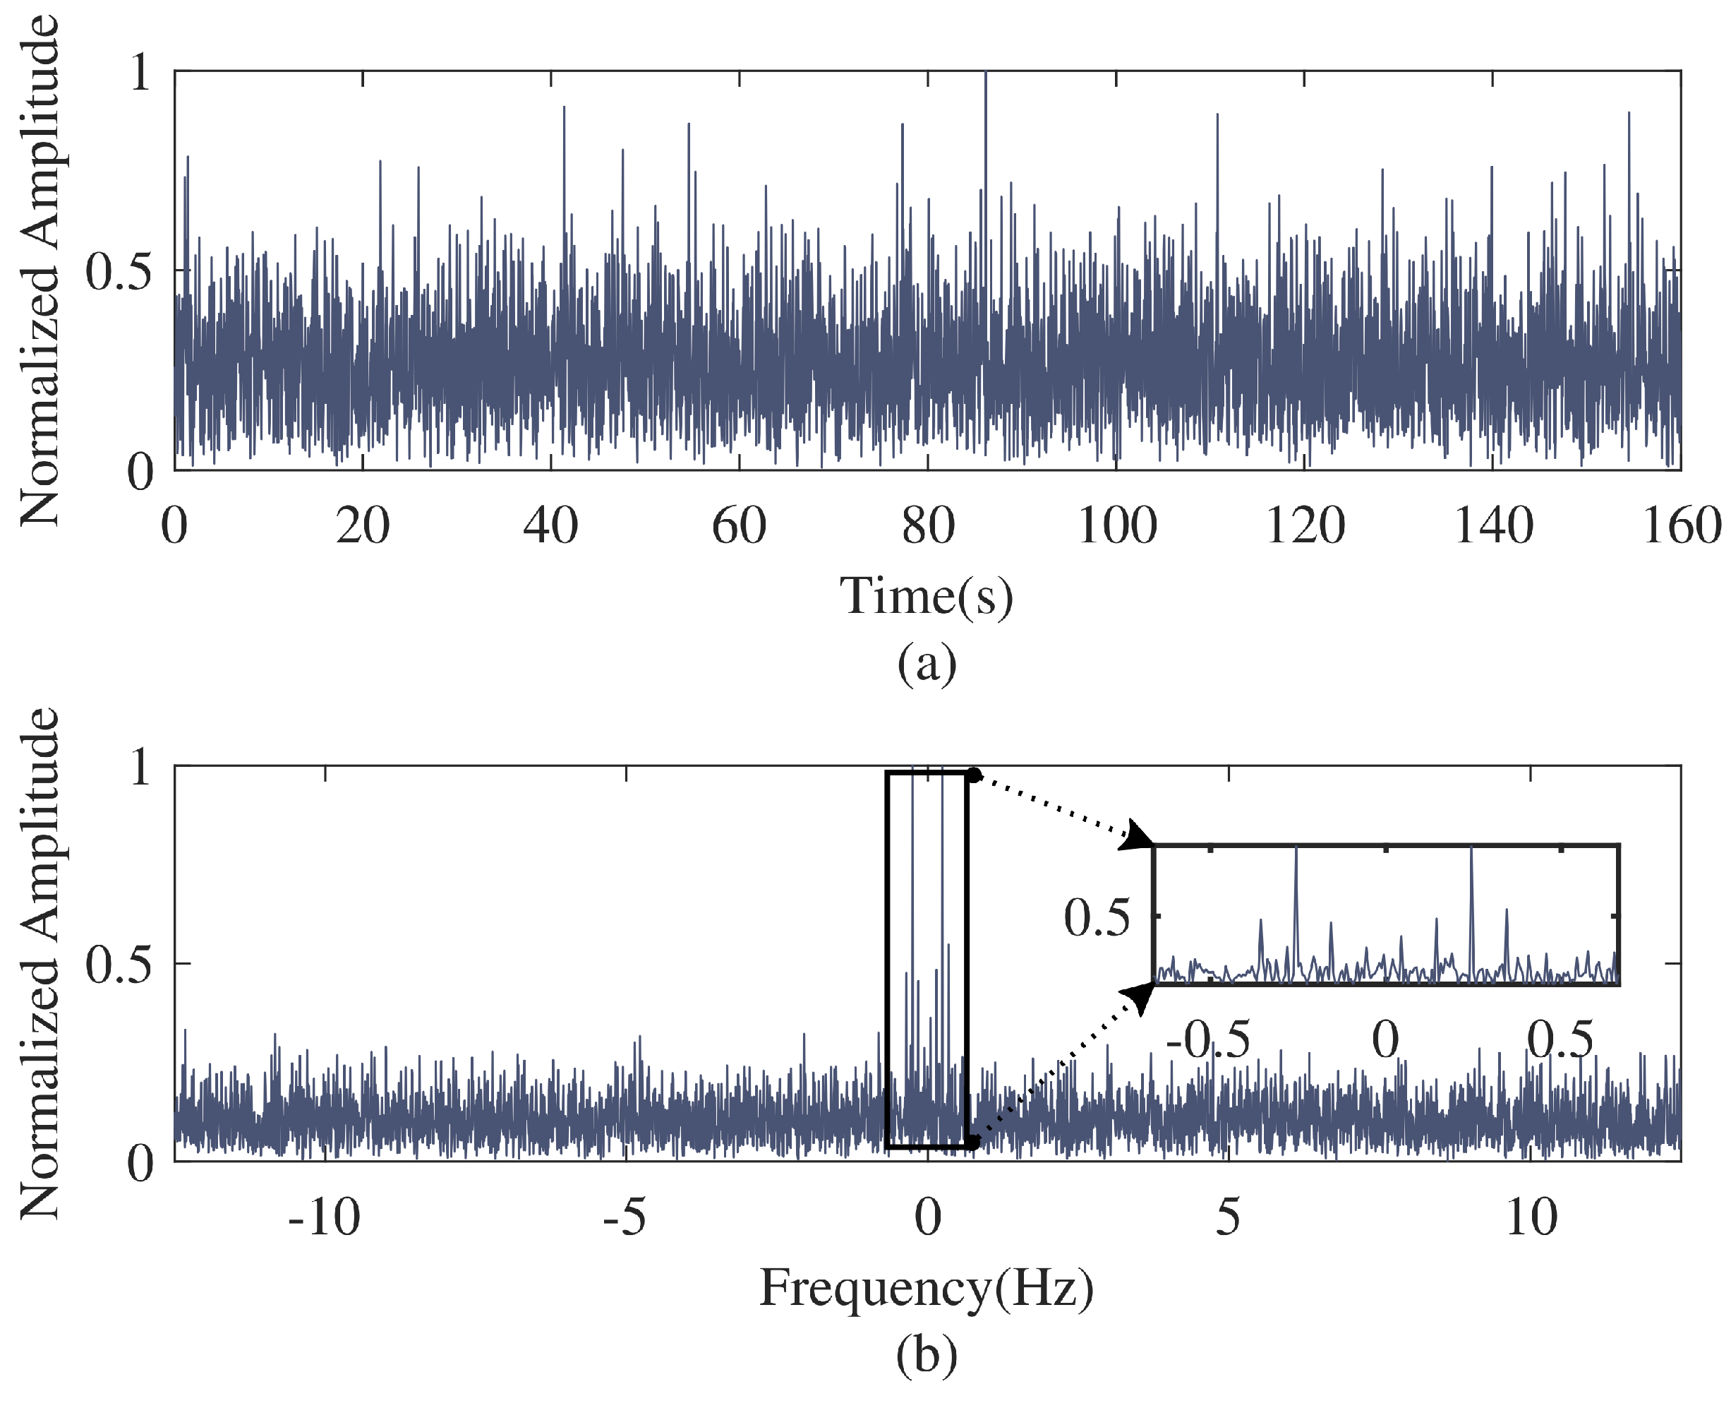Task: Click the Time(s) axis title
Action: (x=926, y=597)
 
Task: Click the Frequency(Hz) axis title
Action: (x=926, y=1289)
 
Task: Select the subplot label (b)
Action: (x=927, y=1355)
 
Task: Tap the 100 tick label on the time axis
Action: (x=1116, y=526)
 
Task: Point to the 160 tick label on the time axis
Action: (x=1682, y=526)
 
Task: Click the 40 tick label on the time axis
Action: (x=550, y=526)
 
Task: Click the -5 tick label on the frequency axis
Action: (x=625, y=1218)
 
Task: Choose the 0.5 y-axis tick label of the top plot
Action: (x=119, y=271)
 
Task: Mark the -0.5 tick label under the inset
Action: (x=1207, y=1040)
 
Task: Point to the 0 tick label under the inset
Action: (x=1385, y=1040)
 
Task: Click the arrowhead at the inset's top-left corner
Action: (x=1140, y=837)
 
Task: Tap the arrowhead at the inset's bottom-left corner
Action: (x=1140, y=996)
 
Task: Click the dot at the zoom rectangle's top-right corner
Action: (x=974, y=775)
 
